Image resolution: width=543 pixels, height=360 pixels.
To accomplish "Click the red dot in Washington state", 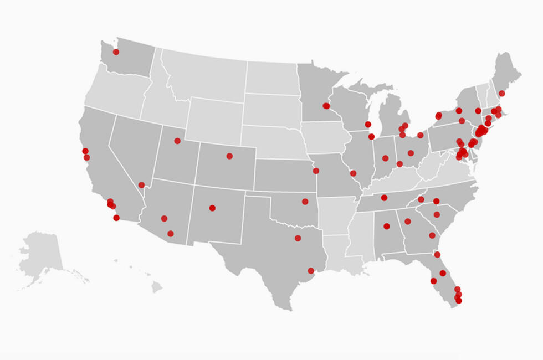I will tap(116, 52).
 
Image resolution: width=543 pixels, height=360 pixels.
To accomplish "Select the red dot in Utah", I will tap(177, 141).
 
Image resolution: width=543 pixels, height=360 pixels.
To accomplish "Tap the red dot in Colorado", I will tap(229, 156).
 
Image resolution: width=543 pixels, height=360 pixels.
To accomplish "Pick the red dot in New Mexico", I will tap(212, 208).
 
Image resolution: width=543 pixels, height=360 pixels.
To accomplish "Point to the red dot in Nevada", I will tap(141, 185).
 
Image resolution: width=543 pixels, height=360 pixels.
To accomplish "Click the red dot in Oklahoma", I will tap(305, 202).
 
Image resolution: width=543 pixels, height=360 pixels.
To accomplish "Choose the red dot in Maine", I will tap(501, 93).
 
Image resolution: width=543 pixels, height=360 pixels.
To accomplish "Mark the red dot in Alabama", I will tap(387, 226).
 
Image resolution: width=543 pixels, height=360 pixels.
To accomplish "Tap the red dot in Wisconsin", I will tap(368, 124).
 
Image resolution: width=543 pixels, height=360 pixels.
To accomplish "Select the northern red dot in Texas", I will tap(298, 238).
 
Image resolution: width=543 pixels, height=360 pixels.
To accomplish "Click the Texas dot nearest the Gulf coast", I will tap(311, 271).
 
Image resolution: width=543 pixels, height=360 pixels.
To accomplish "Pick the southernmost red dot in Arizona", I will tap(171, 234).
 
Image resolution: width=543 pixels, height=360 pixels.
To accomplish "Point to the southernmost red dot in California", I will tap(116, 218).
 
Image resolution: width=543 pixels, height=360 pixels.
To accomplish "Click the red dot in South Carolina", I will tap(437, 214).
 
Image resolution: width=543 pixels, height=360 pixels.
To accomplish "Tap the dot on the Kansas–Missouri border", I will tap(316, 171).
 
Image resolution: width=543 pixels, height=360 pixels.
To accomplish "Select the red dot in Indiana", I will tap(385, 158).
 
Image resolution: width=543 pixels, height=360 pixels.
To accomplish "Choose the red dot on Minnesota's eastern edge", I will tap(326, 106).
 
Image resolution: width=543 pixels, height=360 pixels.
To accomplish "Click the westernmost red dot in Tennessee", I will tap(384, 198).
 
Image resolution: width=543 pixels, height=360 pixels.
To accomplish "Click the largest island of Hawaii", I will tap(157, 287).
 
